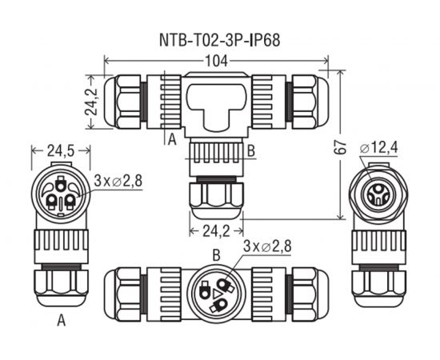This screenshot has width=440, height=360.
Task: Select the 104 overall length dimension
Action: tap(217, 61)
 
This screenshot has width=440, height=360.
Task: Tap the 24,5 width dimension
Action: tap(60, 150)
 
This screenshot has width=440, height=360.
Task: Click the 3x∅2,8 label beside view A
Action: tap(118, 180)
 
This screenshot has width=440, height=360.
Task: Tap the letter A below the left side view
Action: tap(61, 322)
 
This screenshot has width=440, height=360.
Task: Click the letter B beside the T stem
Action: tap(251, 150)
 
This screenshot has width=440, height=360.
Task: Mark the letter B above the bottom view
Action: tap(215, 254)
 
